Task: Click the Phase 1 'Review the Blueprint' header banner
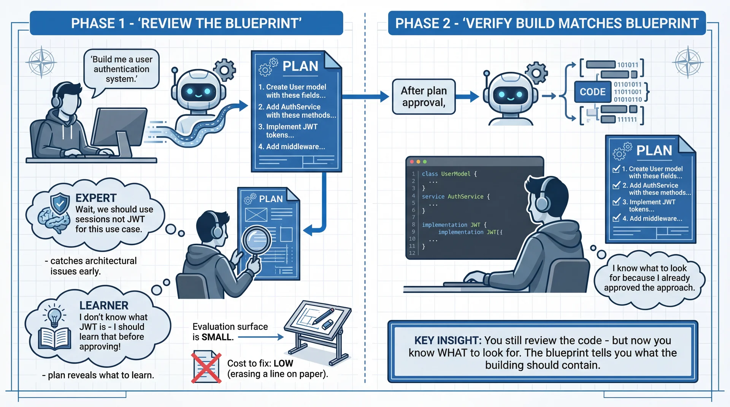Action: coord(186,23)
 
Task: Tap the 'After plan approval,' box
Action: coord(424,96)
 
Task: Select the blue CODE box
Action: coord(592,92)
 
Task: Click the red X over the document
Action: coord(206,367)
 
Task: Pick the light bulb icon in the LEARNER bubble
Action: coord(54,316)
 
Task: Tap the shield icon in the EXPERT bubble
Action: coord(60,204)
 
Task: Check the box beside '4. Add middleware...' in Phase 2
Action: coord(616,218)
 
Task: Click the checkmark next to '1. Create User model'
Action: coord(616,169)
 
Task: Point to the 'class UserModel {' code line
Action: coord(449,174)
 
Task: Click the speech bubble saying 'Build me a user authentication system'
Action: coord(121,69)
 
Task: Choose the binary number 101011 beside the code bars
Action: coord(627,65)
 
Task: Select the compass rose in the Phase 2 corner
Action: coord(688,62)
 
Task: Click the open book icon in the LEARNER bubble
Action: coord(54,339)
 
